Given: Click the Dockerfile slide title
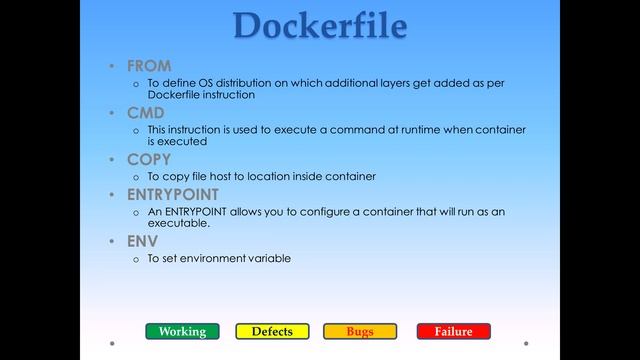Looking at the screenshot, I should (319, 25).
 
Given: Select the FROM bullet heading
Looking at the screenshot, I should (149, 66).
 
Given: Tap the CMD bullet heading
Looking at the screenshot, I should (146, 113).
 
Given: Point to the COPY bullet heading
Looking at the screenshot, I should (149, 159).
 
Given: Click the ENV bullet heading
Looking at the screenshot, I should (142, 241).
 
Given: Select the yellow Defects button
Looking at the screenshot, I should (272, 331).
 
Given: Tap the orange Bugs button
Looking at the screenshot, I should (360, 331).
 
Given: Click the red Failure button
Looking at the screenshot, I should (454, 331).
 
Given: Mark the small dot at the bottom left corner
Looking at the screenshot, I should (112, 343).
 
